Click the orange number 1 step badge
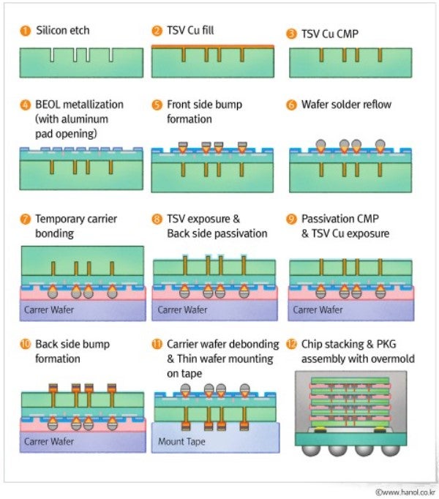tap(25, 31)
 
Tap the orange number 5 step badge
tap(157, 105)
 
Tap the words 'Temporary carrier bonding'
tap(76, 226)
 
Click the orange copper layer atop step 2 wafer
tap(213, 46)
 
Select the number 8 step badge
tap(157, 220)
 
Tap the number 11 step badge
tap(157, 344)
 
